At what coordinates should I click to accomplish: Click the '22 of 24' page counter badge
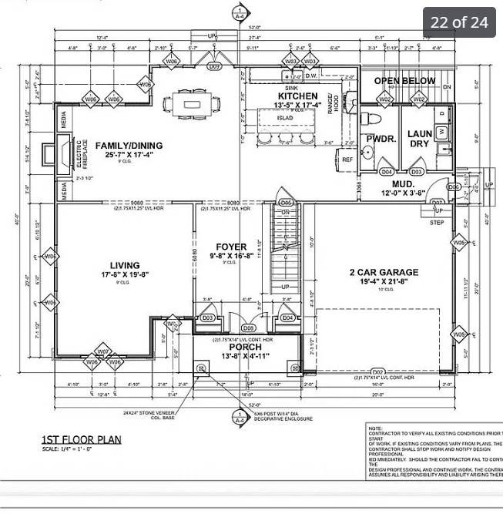coord(459,22)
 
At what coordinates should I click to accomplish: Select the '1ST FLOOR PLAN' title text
coord(81,441)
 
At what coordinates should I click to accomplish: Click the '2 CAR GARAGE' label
coord(384,272)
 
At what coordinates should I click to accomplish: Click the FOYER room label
coord(230,247)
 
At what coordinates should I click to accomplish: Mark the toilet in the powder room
coord(374,120)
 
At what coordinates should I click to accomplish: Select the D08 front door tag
coord(248,328)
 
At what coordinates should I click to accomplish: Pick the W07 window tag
coord(102,351)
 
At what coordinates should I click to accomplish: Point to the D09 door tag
coord(215,67)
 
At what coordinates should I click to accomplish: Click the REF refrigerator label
coord(347,160)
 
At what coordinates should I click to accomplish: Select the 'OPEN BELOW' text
coord(404,81)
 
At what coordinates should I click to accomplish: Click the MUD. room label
coord(404,185)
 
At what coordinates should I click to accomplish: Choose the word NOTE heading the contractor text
coord(375,428)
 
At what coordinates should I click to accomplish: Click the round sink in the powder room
coord(368,152)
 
